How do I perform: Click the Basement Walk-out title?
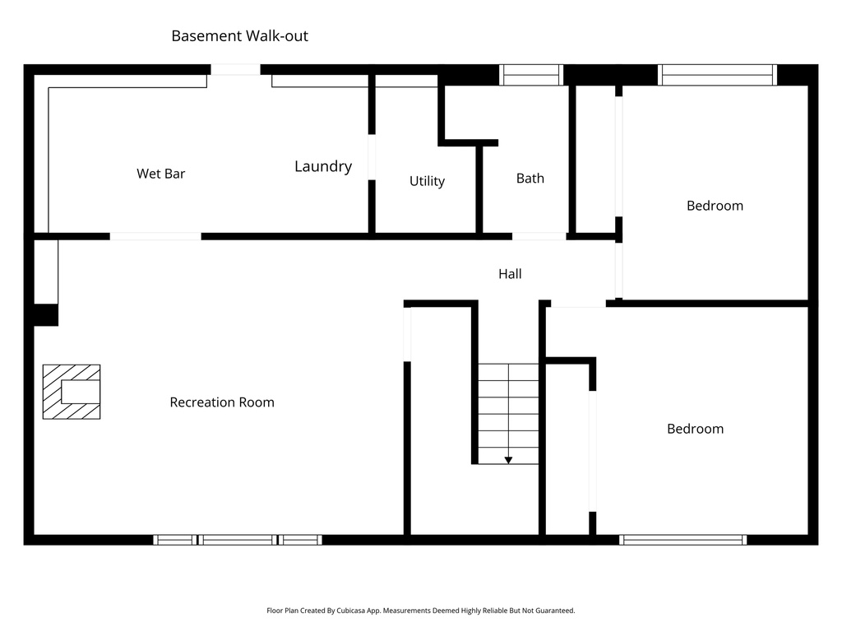[239, 36]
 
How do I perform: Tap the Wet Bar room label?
[160, 174]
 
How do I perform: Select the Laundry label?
[323, 166]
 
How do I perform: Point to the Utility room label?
[427, 181]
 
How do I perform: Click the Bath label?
[530, 178]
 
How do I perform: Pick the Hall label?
[510, 274]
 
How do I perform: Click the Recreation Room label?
[222, 402]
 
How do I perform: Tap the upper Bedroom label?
[715, 206]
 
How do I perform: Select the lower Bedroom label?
[695, 429]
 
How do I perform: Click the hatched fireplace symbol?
[72, 392]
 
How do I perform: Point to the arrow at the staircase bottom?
[508, 459]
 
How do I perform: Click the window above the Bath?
[531, 75]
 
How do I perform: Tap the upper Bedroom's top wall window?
[717, 75]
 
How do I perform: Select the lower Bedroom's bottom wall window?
[682, 540]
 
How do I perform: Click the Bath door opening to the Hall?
[539, 237]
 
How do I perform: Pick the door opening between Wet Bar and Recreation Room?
[155, 237]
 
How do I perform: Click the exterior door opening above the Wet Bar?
[237, 70]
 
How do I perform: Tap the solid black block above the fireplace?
[46, 315]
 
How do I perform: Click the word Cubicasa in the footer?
[350, 611]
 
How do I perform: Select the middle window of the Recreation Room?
[238, 540]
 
